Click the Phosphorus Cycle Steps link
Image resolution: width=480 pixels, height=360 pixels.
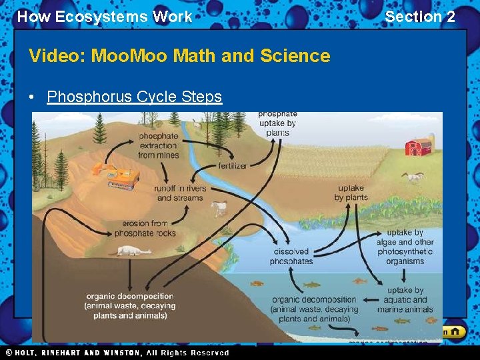tap(134, 97)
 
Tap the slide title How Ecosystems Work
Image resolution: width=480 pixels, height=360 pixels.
tap(104, 17)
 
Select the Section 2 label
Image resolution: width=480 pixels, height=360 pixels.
tap(420, 17)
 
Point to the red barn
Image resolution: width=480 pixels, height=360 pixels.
tap(418, 147)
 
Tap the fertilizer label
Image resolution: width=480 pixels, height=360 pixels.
tap(232, 165)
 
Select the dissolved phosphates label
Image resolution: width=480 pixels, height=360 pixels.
tap(291, 257)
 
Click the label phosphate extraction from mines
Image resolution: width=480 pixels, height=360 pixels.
tap(158, 145)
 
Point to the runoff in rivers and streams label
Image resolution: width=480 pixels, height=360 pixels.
tap(180, 193)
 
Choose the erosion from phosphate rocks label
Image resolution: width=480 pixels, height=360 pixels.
tap(145, 228)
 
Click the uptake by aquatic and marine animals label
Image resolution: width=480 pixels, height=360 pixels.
tap(405, 300)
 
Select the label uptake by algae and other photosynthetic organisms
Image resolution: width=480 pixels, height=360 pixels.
tap(405, 247)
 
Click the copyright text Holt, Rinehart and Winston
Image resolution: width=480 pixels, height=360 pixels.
tap(117, 353)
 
